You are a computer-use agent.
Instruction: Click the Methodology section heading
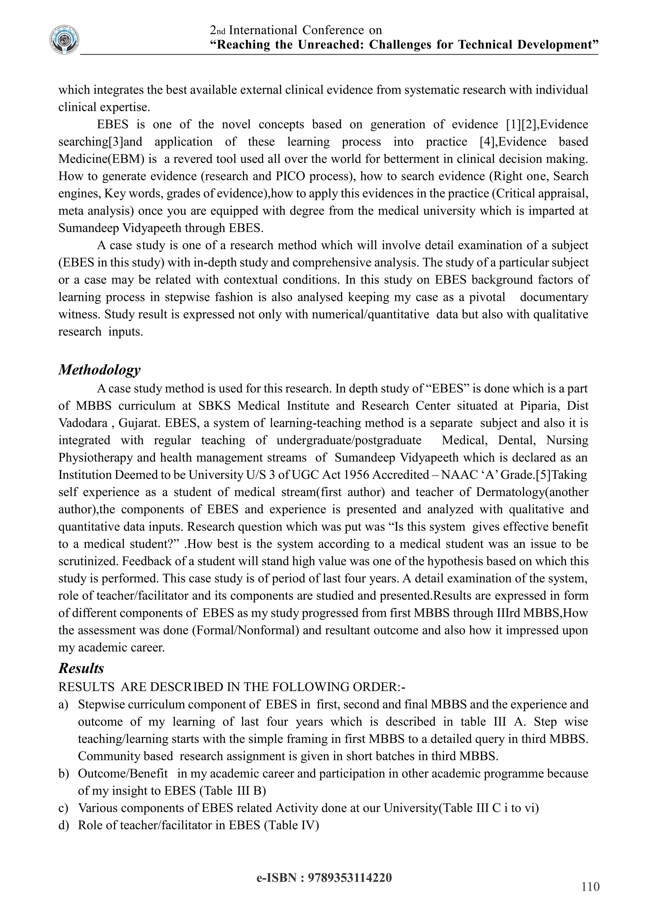click(x=99, y=369)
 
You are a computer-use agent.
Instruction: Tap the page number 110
click(x=590, y=887)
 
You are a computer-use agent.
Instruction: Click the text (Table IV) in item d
click(x=291, y=825)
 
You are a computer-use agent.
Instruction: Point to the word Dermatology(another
click(x=532, y=492)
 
